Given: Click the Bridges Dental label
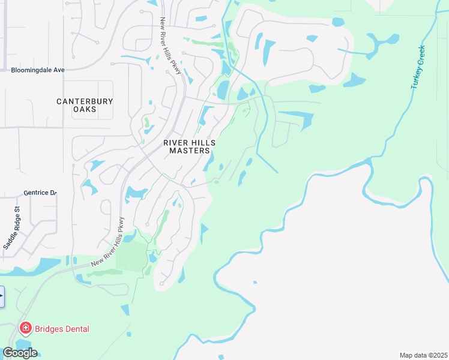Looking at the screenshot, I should click(x=62, y=329).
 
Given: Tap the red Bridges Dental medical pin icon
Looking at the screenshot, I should click(x=26, y=328).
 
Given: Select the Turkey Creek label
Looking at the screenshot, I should click(x=418, y=67).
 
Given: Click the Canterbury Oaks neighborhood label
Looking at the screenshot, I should click(x=85, y=105).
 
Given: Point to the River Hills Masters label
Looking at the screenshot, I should click(x=190, y=146).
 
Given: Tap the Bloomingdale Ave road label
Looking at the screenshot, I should click(x=37, y=70).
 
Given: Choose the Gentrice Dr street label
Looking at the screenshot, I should click(x=40, y=193).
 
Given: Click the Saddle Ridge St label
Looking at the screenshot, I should click(x=12, y=228).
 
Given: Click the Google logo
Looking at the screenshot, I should click(x=20, y=353).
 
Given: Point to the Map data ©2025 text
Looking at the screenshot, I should click(x=423, y=355).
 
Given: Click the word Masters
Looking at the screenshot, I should click(x=190, y=151).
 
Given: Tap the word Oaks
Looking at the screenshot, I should click(x=85, y=109).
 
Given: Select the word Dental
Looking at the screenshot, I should click(x=76, y=329).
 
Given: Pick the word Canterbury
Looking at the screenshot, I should click(x=85, y=101).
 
